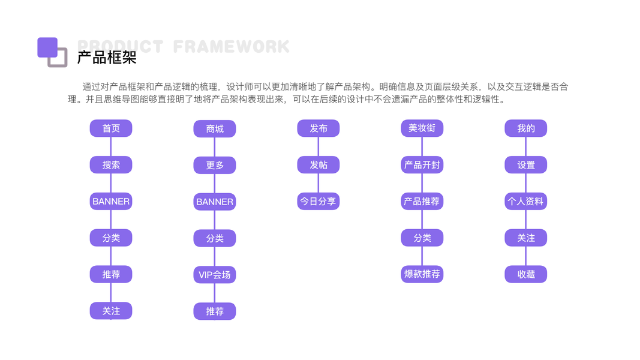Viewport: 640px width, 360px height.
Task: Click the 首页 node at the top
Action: [111, 128]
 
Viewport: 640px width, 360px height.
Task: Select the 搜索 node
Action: [111, 165]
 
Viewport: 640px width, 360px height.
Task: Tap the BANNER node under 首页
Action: [111, 202]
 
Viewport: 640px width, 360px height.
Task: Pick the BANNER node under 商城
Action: [215, 202]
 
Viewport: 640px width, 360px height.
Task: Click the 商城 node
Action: [215, 129]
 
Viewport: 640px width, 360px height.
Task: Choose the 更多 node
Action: [215, 166]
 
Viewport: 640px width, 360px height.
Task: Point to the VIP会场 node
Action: [215, 275]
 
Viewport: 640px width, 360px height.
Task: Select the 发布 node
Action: [319, 128]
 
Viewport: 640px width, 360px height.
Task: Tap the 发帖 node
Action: [319, 165]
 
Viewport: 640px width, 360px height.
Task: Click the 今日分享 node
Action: [319, 202]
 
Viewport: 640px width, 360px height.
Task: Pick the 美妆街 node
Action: [422, 128]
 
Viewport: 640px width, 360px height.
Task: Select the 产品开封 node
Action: [422, 165]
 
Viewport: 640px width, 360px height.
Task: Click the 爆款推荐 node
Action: [422, 274]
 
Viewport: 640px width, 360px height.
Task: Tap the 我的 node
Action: [526, 128]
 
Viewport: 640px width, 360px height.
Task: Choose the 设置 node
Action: [526, 165]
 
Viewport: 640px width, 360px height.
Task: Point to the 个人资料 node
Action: [526, 202]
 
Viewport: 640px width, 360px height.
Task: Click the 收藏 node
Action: [526, 274]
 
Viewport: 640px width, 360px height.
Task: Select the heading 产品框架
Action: [107, 58]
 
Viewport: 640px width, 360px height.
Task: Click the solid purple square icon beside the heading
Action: [47, 47]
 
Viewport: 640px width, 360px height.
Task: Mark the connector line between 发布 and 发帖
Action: [319, 146]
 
